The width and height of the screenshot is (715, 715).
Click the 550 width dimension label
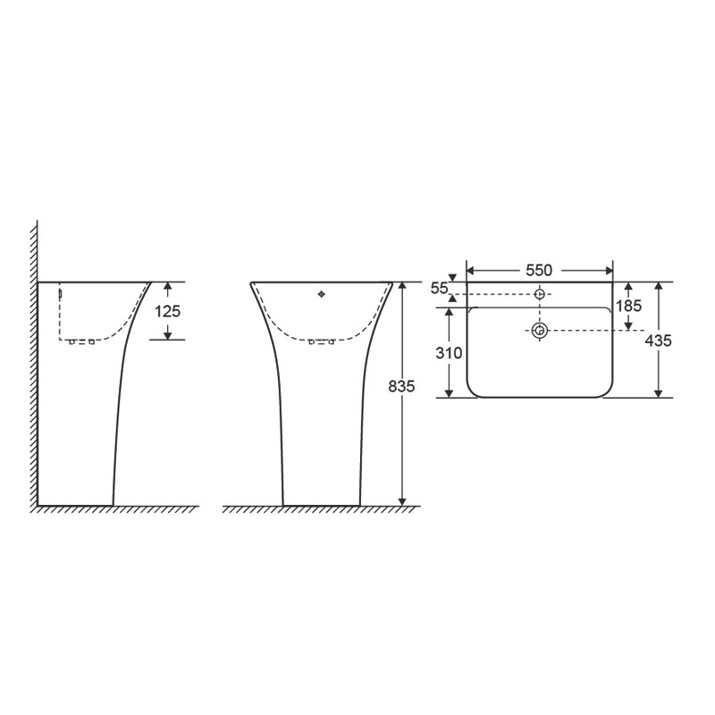[539, 271]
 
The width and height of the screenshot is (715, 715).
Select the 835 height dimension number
[401, 386]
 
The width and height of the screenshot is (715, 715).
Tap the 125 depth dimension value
[168, 311]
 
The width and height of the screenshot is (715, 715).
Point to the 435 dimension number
[659, 341]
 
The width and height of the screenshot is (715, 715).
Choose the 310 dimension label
[449, 352]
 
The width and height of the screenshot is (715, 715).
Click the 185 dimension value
[629, 306]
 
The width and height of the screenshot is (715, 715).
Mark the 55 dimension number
[440, 288]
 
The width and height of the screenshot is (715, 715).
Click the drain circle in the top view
[540, 331]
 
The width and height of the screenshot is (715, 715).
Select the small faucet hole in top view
[540, 294]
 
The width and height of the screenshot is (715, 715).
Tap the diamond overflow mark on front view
[322, 294]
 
